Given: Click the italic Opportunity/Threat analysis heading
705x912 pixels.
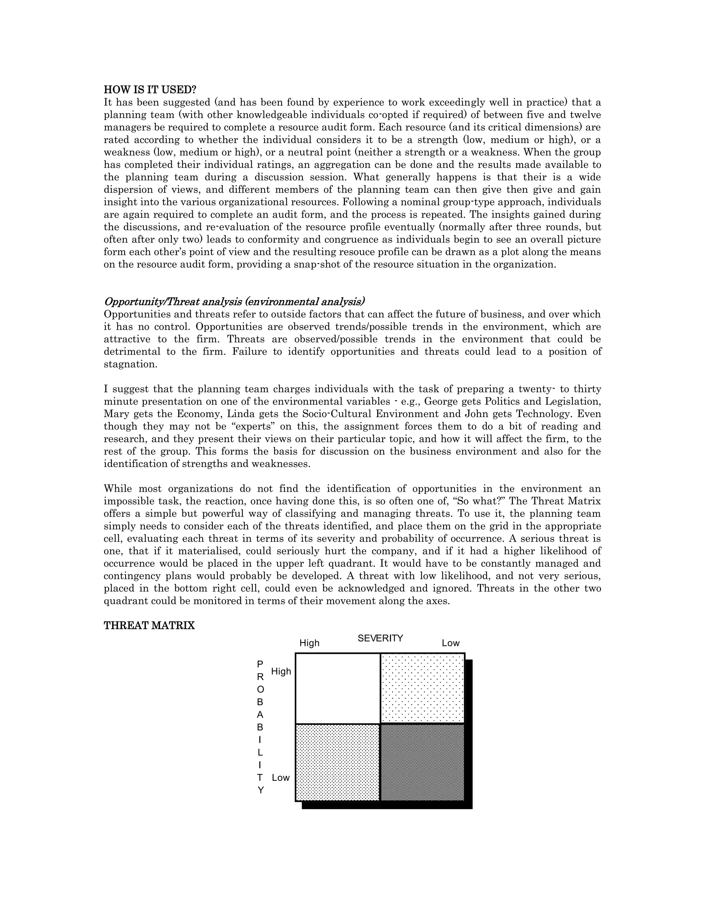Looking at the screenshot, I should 234,301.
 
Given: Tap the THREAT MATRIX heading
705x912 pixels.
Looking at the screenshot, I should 149,626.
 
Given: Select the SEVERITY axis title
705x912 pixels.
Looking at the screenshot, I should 380,638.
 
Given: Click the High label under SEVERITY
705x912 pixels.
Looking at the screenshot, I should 309,643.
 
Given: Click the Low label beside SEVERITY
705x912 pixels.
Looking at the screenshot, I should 450,643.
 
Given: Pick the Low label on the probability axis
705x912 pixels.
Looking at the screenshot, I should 280,777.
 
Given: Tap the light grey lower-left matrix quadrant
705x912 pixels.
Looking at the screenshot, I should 337,763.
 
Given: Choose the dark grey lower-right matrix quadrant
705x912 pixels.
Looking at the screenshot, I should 423,763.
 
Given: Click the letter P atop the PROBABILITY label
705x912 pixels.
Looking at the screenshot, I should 260,664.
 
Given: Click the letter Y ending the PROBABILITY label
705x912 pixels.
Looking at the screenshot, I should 261,791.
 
